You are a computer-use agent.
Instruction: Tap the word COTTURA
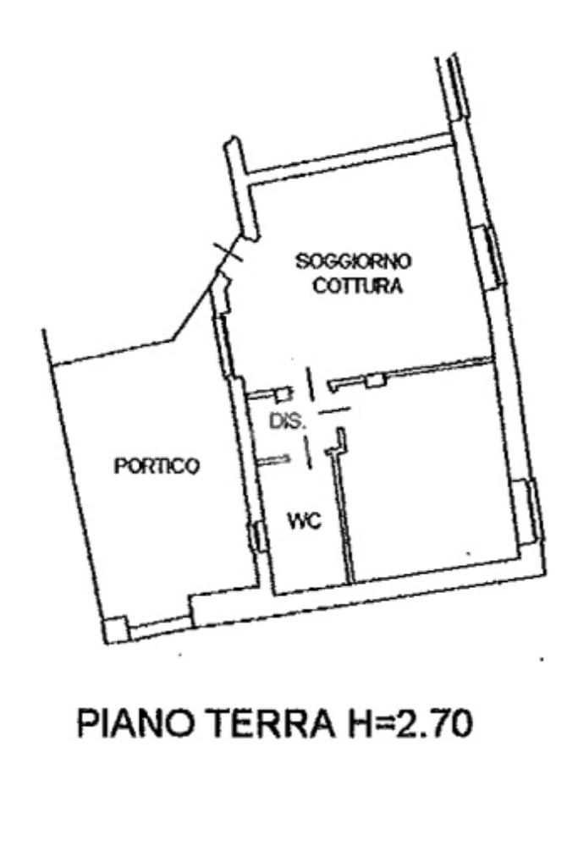click(358, 286)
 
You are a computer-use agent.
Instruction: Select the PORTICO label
click(157, 466)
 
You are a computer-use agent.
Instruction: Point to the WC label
click(304, 520)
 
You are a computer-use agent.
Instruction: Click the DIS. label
click(287, 421)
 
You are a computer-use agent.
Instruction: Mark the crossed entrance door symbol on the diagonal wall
click(226, 255)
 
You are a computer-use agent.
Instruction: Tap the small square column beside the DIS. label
click(283, 395)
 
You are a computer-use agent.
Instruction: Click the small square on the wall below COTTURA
click(376, 379)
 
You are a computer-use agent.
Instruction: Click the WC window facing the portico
click(256, 535)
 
